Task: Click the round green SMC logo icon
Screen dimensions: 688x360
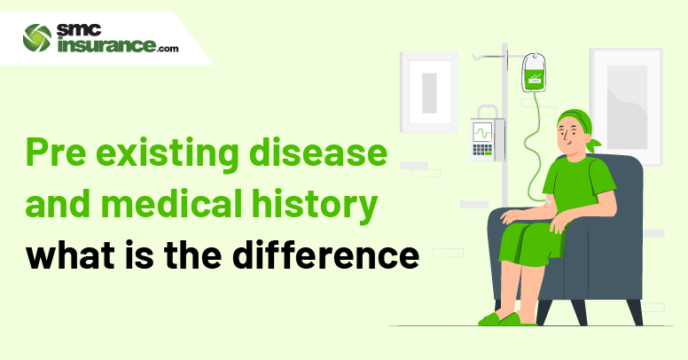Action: click(x=37, y=38)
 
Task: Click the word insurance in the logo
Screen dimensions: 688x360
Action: click(x=106, y=45)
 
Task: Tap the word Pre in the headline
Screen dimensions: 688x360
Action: click(x=56, y=152)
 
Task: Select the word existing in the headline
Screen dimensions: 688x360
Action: click(x=168, y=153)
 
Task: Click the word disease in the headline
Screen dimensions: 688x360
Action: click(x=318, y=152)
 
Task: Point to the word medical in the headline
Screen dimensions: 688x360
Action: click(x=172, y=203)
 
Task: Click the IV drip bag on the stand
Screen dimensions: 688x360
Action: click(x=534, y=73)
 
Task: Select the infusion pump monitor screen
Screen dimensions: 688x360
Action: click(x=482, y=132)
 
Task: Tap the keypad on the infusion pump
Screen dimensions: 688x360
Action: click(x=482, y=150)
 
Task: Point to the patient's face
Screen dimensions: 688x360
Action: click(x=568, y=136)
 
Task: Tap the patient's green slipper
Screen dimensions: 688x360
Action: click(x=518, y=318)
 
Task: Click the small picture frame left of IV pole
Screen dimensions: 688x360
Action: click(x=429, y=92)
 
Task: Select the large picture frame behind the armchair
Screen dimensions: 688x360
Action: click(x=627, y=106)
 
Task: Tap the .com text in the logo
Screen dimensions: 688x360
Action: click(x=168, y=49)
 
